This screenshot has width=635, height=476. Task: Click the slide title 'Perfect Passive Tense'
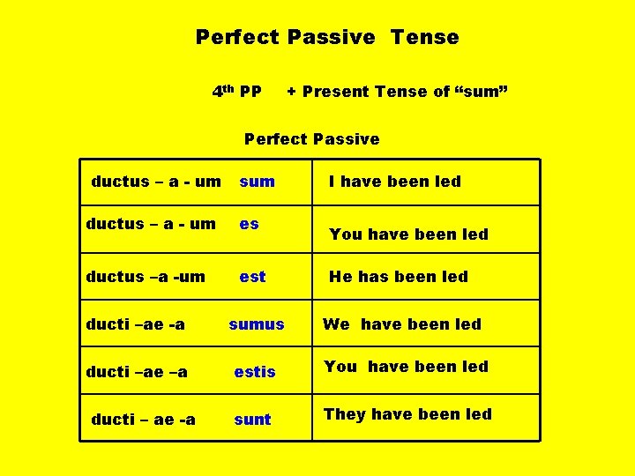click(x=327, y=37)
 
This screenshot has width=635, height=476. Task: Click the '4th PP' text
click(x=236, y=91)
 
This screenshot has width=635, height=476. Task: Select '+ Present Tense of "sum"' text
click(x=397, y=92)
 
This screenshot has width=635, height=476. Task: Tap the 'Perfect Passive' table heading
click(x=311, y=138)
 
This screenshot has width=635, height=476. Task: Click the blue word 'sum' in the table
click(x=257, y=182)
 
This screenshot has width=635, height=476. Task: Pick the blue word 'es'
click(x=250, y=224)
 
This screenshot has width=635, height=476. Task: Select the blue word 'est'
click(x=252, y=277)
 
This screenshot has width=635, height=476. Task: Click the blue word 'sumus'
click(x=257, y=324)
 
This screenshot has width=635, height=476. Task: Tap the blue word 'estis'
click(x=255, y=372)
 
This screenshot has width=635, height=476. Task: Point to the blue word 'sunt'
click(x=252, y=420)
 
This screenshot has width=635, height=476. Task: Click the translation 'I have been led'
click(x=394, y=182)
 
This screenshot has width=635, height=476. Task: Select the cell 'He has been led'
click(x=398, y=277)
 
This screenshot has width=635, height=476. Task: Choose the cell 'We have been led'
click(x=401, y=324)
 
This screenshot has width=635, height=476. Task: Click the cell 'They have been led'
click(x=407, y=414)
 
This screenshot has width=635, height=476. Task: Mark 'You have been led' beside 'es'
click(x=408, y=234)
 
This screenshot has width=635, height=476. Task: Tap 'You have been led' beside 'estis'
click(x=406, y=367)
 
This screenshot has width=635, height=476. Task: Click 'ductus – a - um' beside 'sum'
click(x=156, y=182)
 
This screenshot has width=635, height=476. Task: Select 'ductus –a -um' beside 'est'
click(x=146, y=277)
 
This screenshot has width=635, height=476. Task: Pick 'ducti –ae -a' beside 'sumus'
click(x=135, y=324)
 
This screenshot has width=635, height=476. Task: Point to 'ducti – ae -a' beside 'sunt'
click(x=143, y=420)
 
